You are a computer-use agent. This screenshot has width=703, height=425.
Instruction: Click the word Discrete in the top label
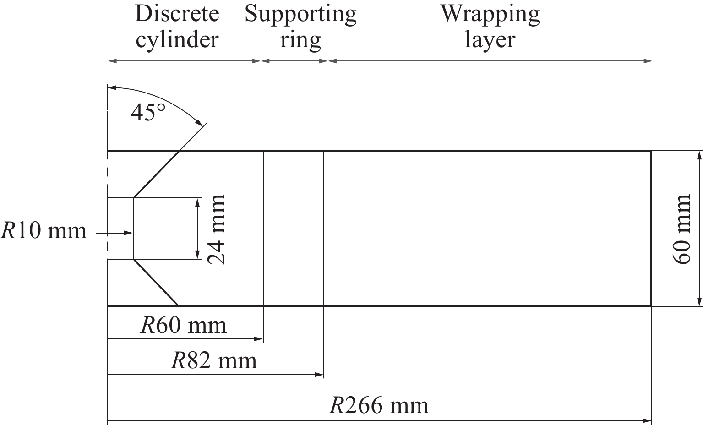coord(177,14)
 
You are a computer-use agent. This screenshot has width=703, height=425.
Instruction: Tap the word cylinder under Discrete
coord(177,41)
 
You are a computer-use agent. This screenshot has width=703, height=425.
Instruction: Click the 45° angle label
coord(148,113)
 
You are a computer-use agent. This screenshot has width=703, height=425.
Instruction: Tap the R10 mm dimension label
coord(44,231)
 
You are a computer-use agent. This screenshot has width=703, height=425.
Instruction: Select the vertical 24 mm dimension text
coord(217,229)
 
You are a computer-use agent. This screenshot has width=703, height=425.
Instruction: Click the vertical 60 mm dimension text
coord(681,229)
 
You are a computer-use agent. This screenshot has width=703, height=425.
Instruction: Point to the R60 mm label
coord(184,326)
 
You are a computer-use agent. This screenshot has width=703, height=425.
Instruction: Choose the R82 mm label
coord(214,361)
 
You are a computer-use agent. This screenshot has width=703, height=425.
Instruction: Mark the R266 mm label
coord(379,406)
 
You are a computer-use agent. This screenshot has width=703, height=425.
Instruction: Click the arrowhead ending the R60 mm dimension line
coord(258,339)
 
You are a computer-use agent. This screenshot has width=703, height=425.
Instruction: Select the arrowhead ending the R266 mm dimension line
coord(647,421)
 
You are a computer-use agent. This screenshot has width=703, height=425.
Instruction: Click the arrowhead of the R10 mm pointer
coord(129,233)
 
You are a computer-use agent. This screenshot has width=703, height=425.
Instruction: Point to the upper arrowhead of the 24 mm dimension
coord(197,202)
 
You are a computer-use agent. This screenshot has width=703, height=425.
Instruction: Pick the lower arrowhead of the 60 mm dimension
coord(699,301)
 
